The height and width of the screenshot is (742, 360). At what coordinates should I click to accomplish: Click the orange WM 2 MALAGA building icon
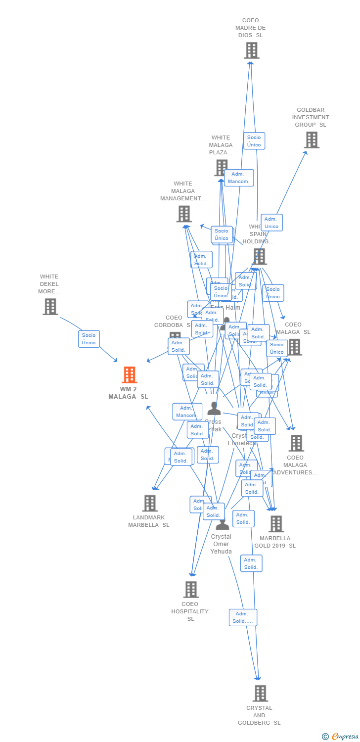point(129,375)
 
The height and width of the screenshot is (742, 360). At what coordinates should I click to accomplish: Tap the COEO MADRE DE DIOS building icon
point(251,50)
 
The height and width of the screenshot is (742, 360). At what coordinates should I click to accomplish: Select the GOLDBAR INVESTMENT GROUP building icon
point(311,140)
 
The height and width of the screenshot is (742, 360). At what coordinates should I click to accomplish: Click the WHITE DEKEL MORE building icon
point(50,307)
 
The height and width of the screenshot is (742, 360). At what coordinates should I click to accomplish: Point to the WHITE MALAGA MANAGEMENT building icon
point(183,214)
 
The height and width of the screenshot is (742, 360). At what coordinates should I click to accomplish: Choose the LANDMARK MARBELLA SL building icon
point(149,503)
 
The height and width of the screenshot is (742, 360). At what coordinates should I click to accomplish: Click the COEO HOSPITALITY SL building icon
point(191,589)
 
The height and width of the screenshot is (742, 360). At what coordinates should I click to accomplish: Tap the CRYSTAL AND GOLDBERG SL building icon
point(260,693)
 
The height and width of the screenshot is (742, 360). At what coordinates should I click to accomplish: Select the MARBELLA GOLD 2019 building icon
point(275,524)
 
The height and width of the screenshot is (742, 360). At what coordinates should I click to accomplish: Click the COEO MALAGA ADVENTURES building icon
point(296,443)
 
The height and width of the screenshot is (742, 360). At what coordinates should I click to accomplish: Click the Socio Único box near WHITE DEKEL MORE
point(89,339)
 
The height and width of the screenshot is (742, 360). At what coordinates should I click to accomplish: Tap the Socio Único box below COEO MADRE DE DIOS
point(254,141)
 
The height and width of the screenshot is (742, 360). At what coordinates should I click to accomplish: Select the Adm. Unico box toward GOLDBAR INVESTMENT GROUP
point(271,223)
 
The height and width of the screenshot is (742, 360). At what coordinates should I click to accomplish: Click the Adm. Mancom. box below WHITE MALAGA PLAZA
point(239,178)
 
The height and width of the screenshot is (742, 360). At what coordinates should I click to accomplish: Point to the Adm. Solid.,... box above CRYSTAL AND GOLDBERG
point(243,617)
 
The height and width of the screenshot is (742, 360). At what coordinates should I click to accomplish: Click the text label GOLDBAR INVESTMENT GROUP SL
point(311,117)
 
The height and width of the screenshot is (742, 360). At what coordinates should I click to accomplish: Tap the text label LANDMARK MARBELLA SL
point(149,521)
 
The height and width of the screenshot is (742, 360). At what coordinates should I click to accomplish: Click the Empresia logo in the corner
point(341,737)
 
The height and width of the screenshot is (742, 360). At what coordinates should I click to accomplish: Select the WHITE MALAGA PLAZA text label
point(221,145)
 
